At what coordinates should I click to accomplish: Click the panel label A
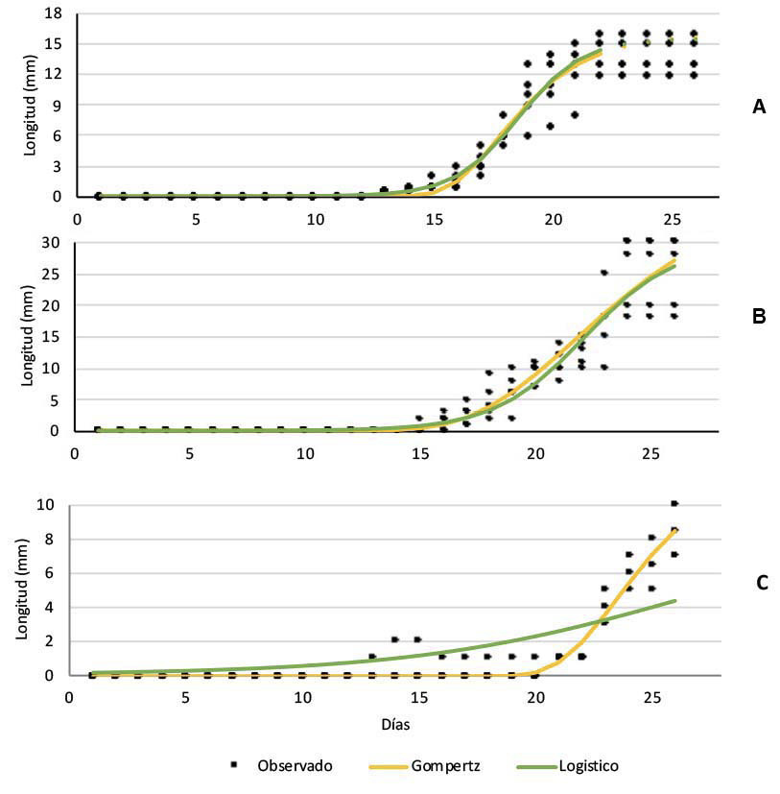pos(759,108)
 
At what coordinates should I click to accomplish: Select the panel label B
pos(759,316)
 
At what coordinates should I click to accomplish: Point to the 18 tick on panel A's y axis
pos(55,13)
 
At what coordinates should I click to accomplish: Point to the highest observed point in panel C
pos(674,503)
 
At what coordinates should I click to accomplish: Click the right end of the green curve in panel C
pos(675,601)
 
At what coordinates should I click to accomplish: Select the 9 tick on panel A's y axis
pos(59,105)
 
